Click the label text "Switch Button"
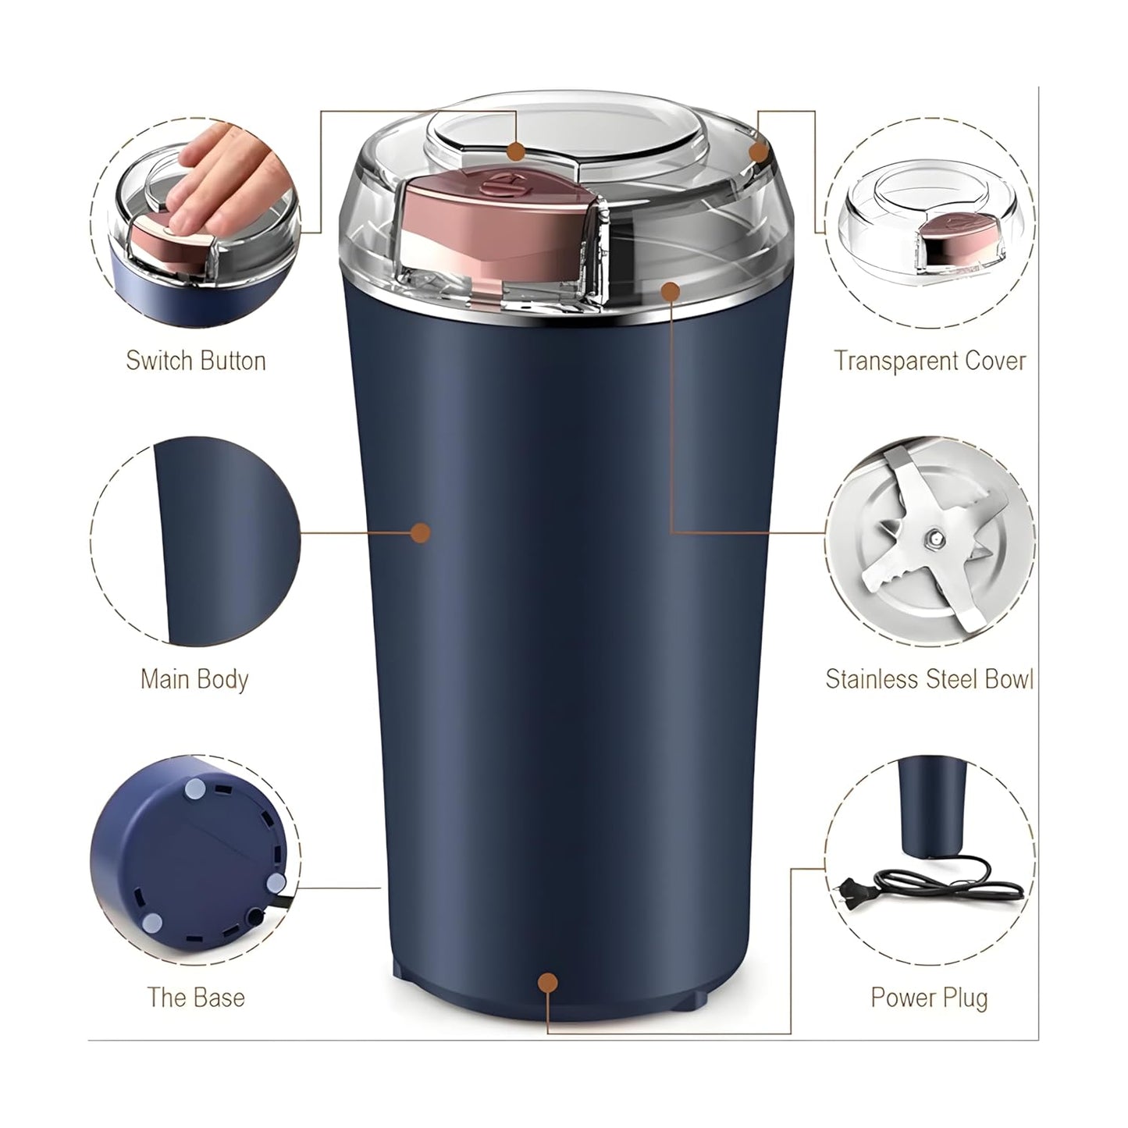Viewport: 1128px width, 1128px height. [196, 361]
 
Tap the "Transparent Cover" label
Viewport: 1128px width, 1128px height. [930, 361]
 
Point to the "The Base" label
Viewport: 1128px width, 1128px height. [196, 997]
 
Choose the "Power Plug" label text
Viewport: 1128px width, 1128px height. [929, 997]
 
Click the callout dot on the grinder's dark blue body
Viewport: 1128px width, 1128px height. [421, 532]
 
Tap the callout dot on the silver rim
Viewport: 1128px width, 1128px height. [670, 291]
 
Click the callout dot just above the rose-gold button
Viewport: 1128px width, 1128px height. [514, 151]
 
